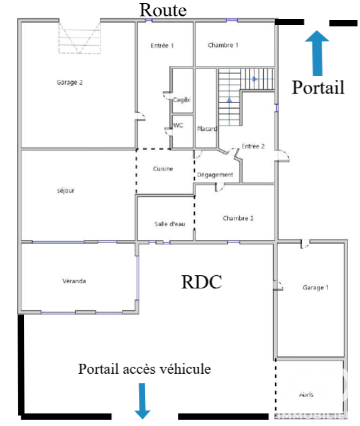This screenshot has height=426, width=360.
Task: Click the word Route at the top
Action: click(163, 10)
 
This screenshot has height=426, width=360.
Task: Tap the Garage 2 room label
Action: click(70, 82)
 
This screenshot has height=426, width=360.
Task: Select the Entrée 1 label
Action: click(162, 45)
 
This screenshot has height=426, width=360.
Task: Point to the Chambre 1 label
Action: click(223, 45)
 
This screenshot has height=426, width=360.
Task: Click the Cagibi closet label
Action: click(182, 100)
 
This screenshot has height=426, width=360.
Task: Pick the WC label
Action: click(178, 125)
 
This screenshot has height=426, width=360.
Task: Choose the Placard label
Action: click(207, 129)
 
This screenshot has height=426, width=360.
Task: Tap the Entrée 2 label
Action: click(253, 146)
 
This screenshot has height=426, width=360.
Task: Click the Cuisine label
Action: click(163, 169)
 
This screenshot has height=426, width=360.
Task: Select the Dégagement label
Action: click(215, 175)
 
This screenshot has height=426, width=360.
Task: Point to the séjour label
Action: click(65, 190)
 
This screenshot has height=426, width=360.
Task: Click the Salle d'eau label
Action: click(170, 224)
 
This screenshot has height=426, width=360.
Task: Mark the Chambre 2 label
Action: click(238, 218)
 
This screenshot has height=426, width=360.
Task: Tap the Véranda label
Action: click(74, 281)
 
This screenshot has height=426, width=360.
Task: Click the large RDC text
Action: click(201, 282)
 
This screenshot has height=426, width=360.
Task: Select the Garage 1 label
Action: click(315, 287)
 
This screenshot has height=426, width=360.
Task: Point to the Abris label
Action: click(306, 395)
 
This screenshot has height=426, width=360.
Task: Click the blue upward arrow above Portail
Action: click(317, 53)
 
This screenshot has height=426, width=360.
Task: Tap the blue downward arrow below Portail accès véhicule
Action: click(143, 401)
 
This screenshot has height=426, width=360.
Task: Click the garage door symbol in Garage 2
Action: click(80, 38)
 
